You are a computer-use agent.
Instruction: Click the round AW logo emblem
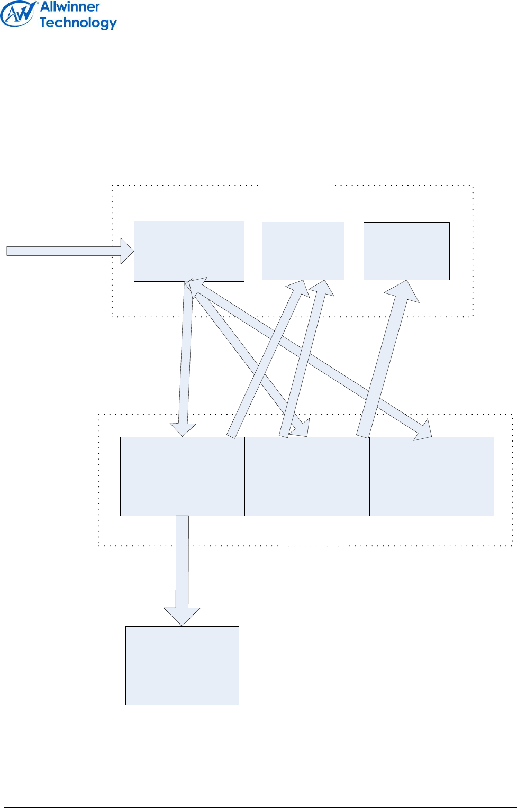19,14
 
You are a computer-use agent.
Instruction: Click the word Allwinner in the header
70,7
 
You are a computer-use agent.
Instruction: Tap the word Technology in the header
78,23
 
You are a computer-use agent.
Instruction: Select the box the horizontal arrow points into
189,251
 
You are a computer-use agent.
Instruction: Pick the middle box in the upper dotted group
303,251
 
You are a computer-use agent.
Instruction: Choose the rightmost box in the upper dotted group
406,251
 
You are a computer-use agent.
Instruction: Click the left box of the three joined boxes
182,476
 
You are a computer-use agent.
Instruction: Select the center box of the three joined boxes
307,476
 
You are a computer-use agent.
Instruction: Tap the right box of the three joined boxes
432,476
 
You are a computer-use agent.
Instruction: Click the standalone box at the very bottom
182,665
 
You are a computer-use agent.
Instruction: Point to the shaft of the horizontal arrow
64,251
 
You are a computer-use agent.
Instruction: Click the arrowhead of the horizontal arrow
128,251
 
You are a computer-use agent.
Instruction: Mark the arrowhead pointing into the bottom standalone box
182,616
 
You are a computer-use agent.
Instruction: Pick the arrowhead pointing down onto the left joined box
183,429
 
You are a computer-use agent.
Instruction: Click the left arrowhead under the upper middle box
299,288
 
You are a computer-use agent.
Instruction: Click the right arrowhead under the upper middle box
322,289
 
